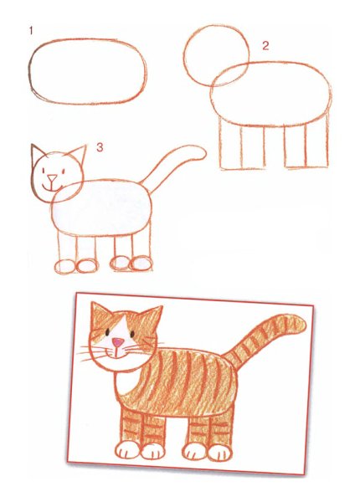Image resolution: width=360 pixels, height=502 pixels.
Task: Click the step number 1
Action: (31, 31)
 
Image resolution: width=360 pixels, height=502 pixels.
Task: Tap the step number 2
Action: (265, 45)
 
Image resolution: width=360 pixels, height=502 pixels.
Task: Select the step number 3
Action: (99, 148)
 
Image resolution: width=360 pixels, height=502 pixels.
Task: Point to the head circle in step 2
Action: (216, 54)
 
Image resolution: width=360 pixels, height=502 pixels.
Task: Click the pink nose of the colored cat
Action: (119, 342)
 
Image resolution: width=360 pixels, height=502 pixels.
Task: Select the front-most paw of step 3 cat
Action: (64, 267)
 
